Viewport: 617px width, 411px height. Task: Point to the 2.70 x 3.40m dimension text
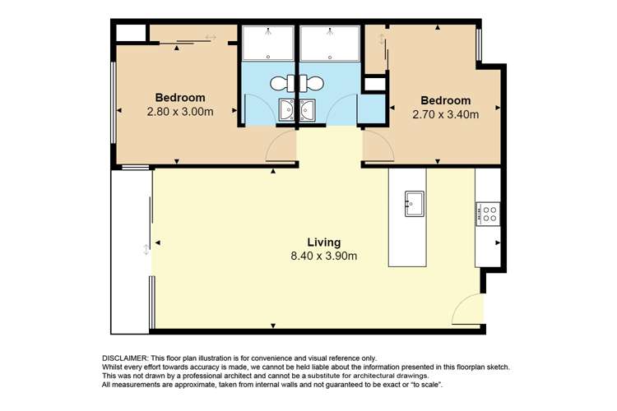point(445,114)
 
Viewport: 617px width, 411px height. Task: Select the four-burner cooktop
point(489,214)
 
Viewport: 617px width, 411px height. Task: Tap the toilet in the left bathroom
point(280,83)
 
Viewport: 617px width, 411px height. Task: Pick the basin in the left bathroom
point(287,109)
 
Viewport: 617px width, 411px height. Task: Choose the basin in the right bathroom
point(308,109)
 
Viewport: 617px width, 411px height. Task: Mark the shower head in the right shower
point(328,35)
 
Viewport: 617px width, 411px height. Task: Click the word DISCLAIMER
point(124,358)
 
